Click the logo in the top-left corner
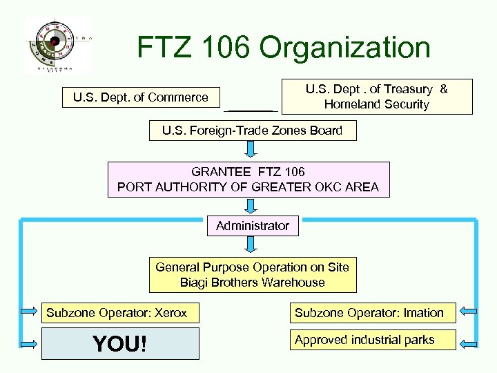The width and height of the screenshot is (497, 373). (58, 44)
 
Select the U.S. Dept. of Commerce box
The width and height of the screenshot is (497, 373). (141, 97)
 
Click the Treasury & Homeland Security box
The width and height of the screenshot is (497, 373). (377, 97)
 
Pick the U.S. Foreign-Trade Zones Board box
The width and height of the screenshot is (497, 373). (253, 131)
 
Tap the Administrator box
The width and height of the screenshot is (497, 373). (253, 226)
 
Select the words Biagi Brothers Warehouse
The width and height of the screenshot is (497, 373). (253, 283)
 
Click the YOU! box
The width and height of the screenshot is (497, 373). (120, 343)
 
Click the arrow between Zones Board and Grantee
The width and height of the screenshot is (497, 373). (252, 150)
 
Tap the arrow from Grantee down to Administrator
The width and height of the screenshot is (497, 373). (252, 206)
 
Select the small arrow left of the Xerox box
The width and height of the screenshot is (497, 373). (30, 312)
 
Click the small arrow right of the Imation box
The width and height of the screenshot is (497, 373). (467, 312)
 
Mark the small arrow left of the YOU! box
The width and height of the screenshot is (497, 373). (30, 343)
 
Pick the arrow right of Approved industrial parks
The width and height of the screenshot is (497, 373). (467, 343)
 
